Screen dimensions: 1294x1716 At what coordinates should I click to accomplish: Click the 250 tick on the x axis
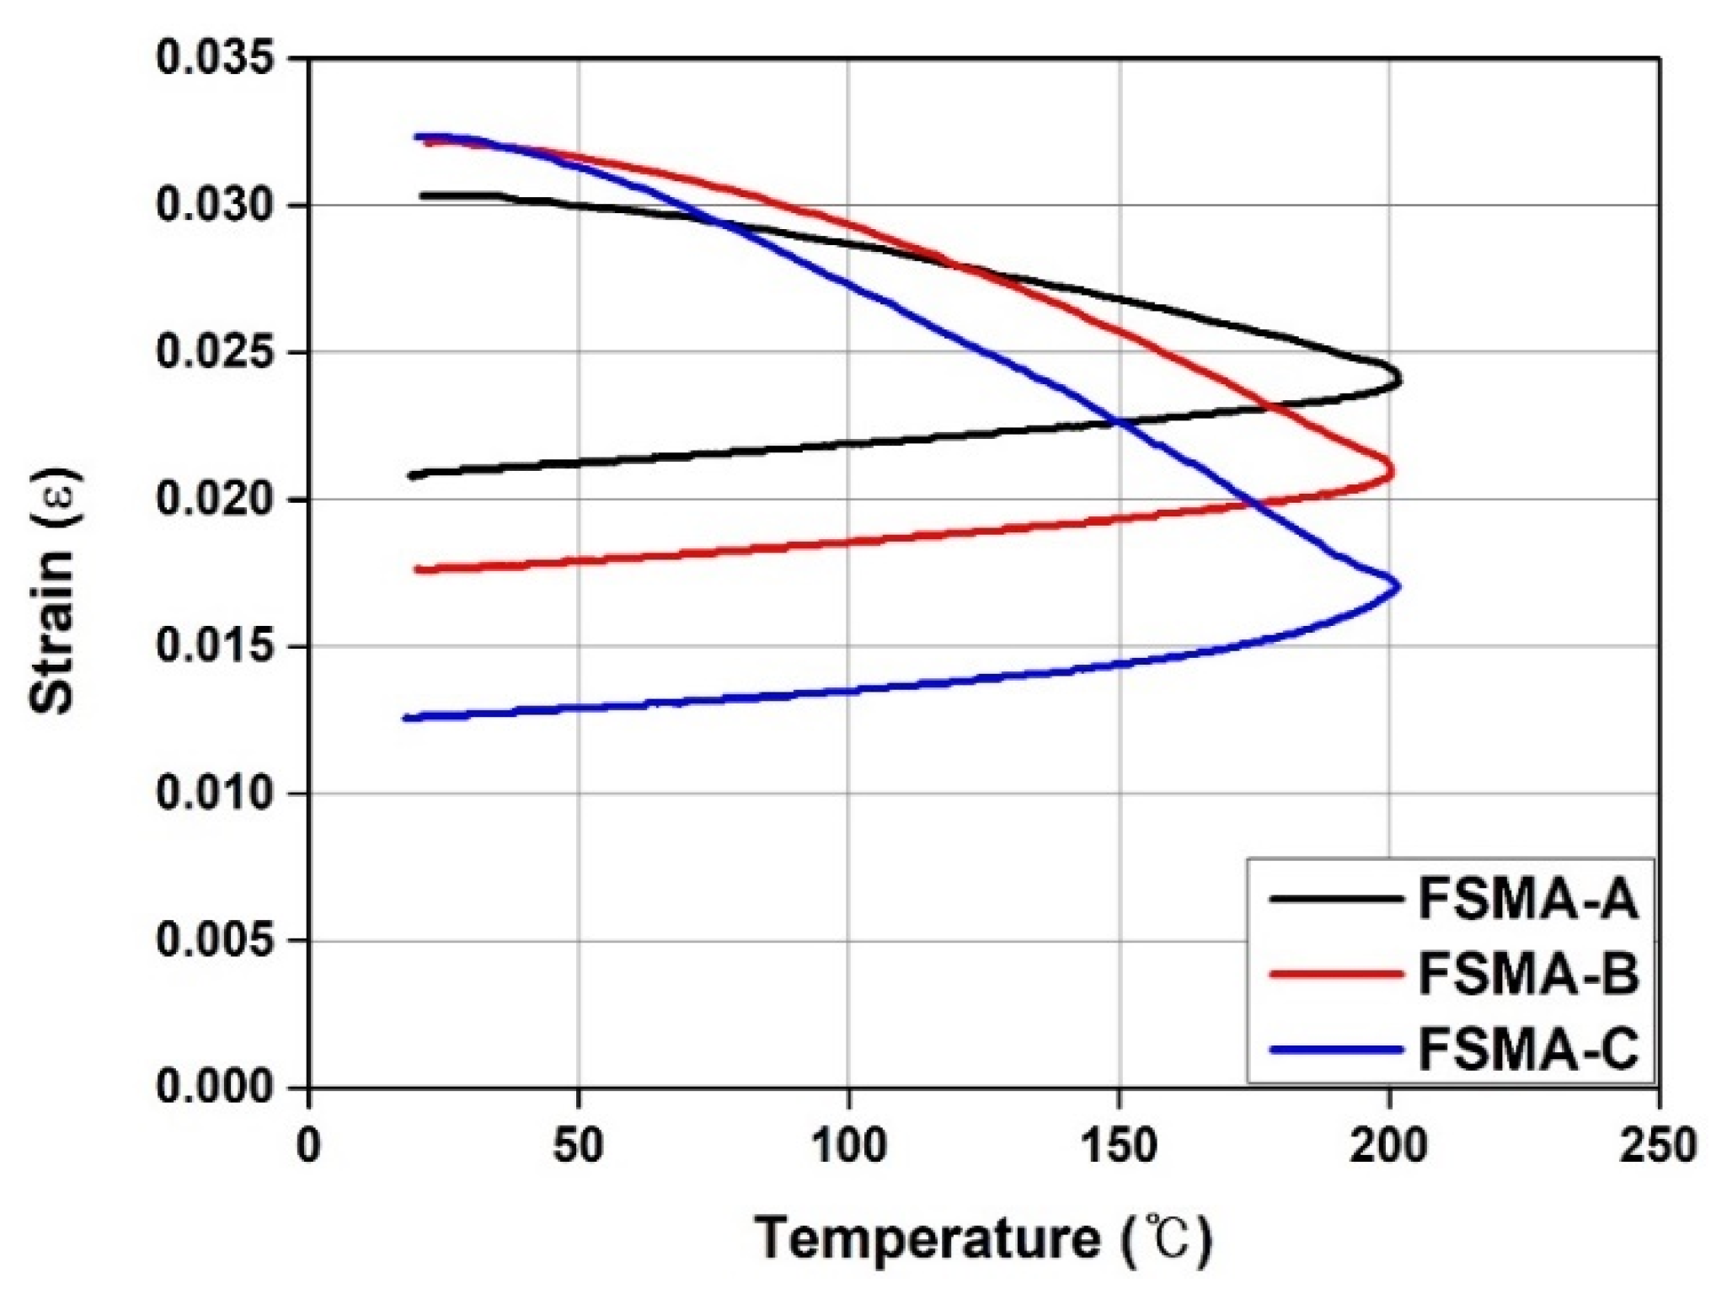(1658, 1147)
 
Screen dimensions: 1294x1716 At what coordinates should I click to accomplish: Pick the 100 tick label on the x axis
(848, 1147)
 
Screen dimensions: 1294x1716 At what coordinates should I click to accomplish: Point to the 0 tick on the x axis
(309, 1147)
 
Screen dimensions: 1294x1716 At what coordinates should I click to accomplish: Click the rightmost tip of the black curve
(1400, 380)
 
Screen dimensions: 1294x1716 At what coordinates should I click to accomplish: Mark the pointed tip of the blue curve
(1398, 586)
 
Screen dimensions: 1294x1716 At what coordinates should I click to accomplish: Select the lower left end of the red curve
(417, 569)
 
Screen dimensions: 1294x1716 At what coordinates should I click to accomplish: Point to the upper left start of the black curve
(421, 195)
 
